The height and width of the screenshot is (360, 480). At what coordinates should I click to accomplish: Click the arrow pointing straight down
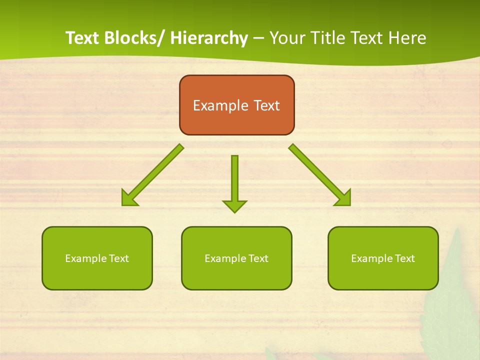[x=234, y=180]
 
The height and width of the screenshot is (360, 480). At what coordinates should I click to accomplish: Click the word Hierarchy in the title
[x=209, y=38]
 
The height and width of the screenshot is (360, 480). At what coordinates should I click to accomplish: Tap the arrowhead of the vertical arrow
[x=234, y=206]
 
